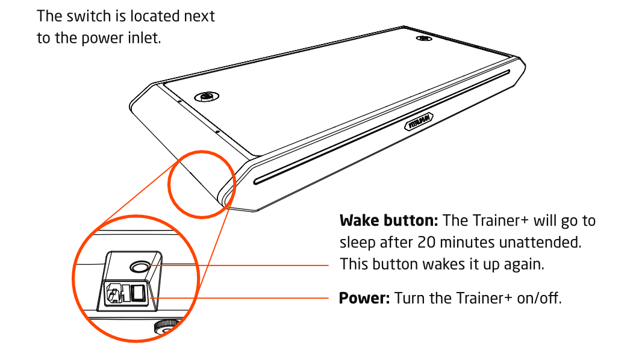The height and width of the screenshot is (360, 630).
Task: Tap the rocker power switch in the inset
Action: click(x=139, y=294)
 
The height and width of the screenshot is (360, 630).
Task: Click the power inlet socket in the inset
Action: click(x=115, y=294)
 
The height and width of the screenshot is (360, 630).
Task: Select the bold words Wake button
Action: click(x=388, y=221)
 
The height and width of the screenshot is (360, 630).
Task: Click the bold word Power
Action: click(x=364, y=298)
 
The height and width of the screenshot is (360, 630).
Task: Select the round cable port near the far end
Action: click(x=423, y=39)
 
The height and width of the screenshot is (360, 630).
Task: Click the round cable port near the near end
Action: click(x=206, y=96)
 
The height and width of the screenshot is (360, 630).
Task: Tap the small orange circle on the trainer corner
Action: click(x=201, y=182)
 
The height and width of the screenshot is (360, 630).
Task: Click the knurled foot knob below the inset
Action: click(x=165, y=327)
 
